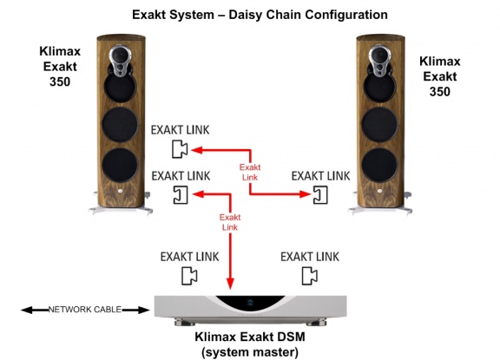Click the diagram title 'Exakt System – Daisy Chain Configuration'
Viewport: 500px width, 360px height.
pyautogui.click(x=260, y=15)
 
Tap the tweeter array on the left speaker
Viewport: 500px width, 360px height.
pyautogui.click(x=120, y=62)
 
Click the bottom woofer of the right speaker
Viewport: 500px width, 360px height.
pyautogui.click(x=379, y=166)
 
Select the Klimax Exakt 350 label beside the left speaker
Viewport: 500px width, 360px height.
pyautogui.click(x=60, y=67)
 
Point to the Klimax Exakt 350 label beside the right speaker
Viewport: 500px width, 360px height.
pyautogui.click(x=440, y=76)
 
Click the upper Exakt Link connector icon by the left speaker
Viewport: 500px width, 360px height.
pyautogui.click(x=180, y=149)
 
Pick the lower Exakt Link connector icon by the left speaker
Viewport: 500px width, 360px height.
pyautogui.click(x=181, y=194)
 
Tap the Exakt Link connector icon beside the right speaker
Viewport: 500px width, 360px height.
pyautogui.click(x=320, y=194)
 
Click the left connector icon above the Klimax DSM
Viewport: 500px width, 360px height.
pyautogui.click(x=189, y=276)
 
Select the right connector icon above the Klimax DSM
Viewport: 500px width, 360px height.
pyautogui.click(x=310, y=276)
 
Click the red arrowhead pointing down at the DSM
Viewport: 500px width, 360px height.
pyautogui.click(x=230, y=283)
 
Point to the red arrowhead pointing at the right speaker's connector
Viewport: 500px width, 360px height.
pyautogui.click(x=305, y=193)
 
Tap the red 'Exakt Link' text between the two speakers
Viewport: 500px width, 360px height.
pyautogui.click(x=250, y=172)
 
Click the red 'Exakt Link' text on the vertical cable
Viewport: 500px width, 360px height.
pyautogui.click(x=230, y=222)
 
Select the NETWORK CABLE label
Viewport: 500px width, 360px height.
pyautogui.click(x=85, y=310)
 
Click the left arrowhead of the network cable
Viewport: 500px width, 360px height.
pyautogui.click(x=26, y=310)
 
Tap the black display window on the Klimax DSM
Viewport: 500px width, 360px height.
pyautogui.click(x=250, y=303)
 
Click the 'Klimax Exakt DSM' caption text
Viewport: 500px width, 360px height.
pyautogui.click(x=250, y=337)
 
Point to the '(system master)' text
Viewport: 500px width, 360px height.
pyautogui.click(x=250, y=352)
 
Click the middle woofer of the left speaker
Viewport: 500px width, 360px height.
pyautogui.click(x=120, y=125)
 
